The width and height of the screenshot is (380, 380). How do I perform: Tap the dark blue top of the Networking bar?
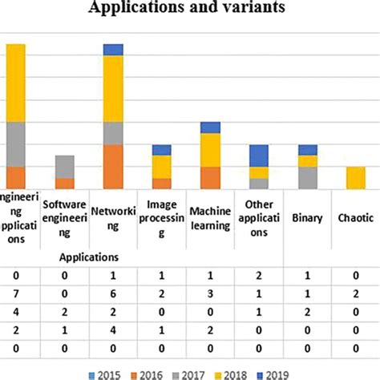pos(113,50)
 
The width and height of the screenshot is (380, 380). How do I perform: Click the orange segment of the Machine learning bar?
pos(210,177)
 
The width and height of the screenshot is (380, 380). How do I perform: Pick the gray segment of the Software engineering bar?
pos(64,166)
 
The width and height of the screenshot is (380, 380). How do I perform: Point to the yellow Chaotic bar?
pos(355,177)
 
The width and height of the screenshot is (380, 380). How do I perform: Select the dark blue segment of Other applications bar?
pos(258,156)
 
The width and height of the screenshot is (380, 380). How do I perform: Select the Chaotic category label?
pos(355,216)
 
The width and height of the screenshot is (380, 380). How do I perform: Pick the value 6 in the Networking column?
pos(113,293)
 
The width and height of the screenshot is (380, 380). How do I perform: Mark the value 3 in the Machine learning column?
pos(210,293)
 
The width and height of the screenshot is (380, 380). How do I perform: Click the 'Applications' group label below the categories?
pos(89,257)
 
